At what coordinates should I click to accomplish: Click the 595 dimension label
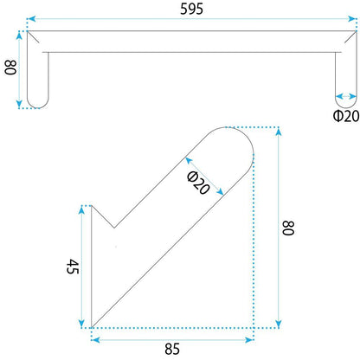(x=191, y=9)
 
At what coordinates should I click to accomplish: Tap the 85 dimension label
(x=172, y=349)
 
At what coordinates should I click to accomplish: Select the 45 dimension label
(x=73, y=267)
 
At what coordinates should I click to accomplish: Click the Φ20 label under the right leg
(x=346, y=116)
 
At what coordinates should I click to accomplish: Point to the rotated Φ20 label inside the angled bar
(x=198, y=183)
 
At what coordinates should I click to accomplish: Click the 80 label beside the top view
(x=11, y=67)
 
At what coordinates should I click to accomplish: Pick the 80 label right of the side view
(x=287, y=228)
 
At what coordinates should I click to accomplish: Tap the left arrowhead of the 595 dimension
(x=31, y=19)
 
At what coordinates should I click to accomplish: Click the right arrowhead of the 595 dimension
(x=352, y=19)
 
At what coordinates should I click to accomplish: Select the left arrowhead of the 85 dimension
(x=95, y=340)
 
